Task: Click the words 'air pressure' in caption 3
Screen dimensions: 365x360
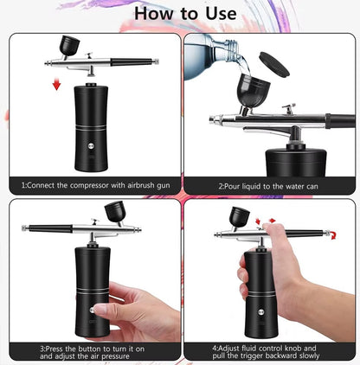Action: click(x=112, y=356)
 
